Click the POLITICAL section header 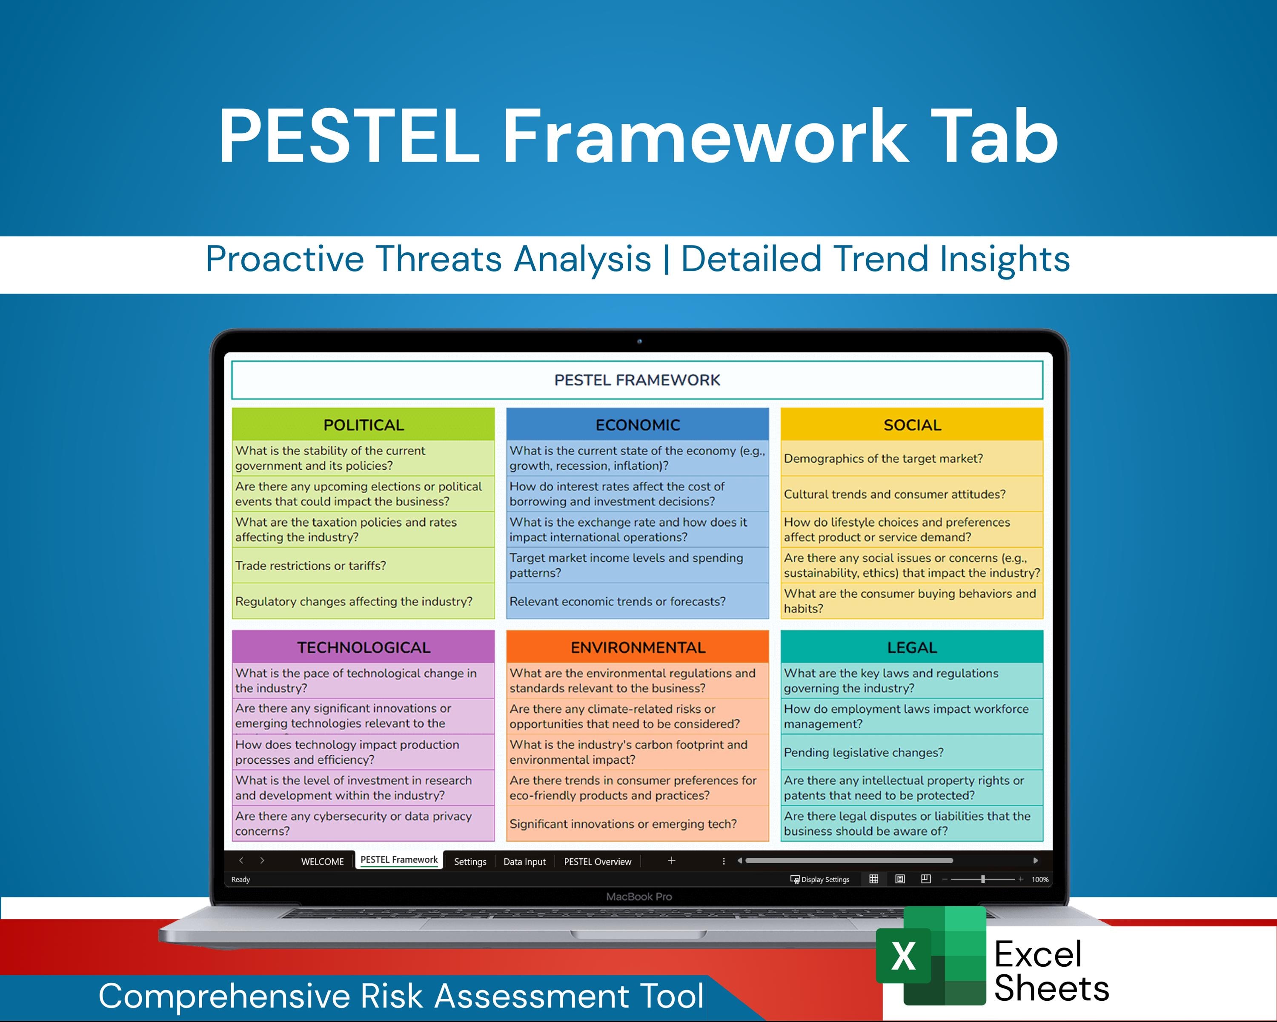click(x=363, y=425)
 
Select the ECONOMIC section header click(x=637, y=425)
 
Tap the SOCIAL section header click(x=911, y=425)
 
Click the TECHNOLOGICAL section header click(x=363, y=647)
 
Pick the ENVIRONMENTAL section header click(x=637, y=647)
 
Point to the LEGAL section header click(x=911, y=647)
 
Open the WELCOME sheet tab click(x=322, y=862)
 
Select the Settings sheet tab click(x=470, y=862)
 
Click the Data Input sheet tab click(x=524, y=862)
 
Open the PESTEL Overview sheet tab click(x=597, y=862)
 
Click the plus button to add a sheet click(x=671, y=860)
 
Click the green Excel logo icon click(x=931, y=956)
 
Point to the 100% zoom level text click(x=1039, y=879)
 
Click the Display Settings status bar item click(x=820, y=879)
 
